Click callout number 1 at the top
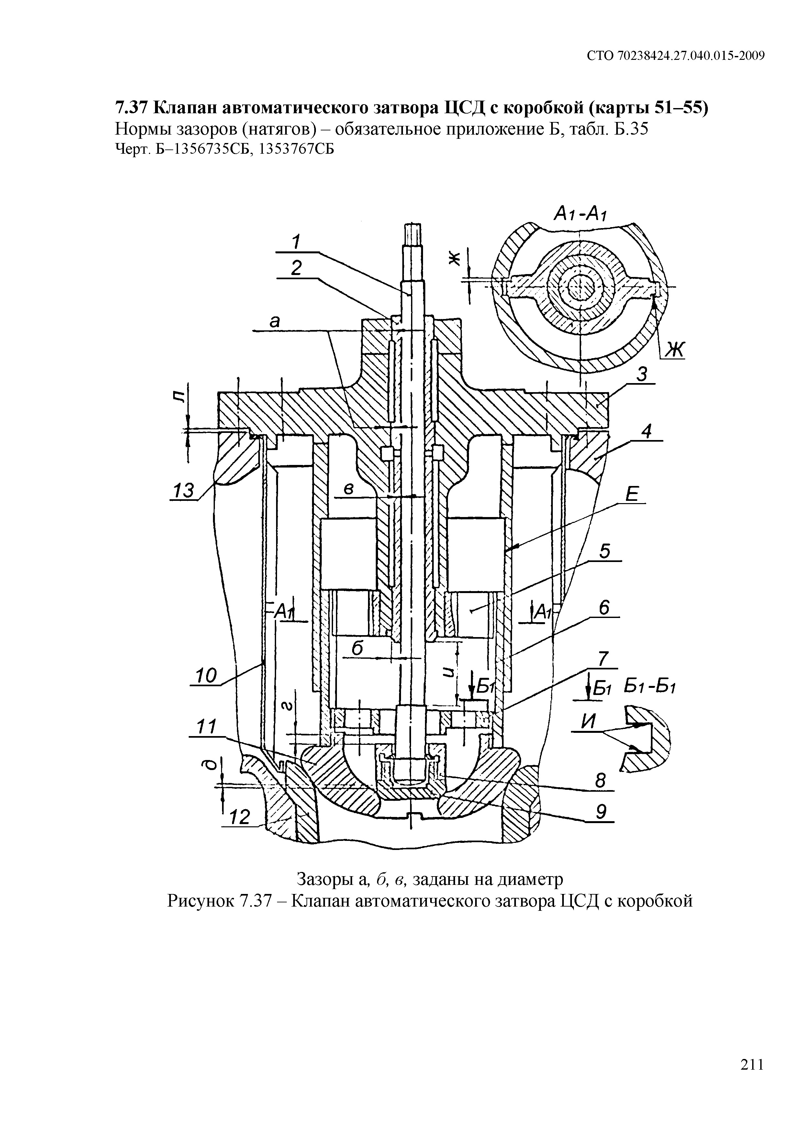point(296,242)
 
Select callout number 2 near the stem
point(296,269)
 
